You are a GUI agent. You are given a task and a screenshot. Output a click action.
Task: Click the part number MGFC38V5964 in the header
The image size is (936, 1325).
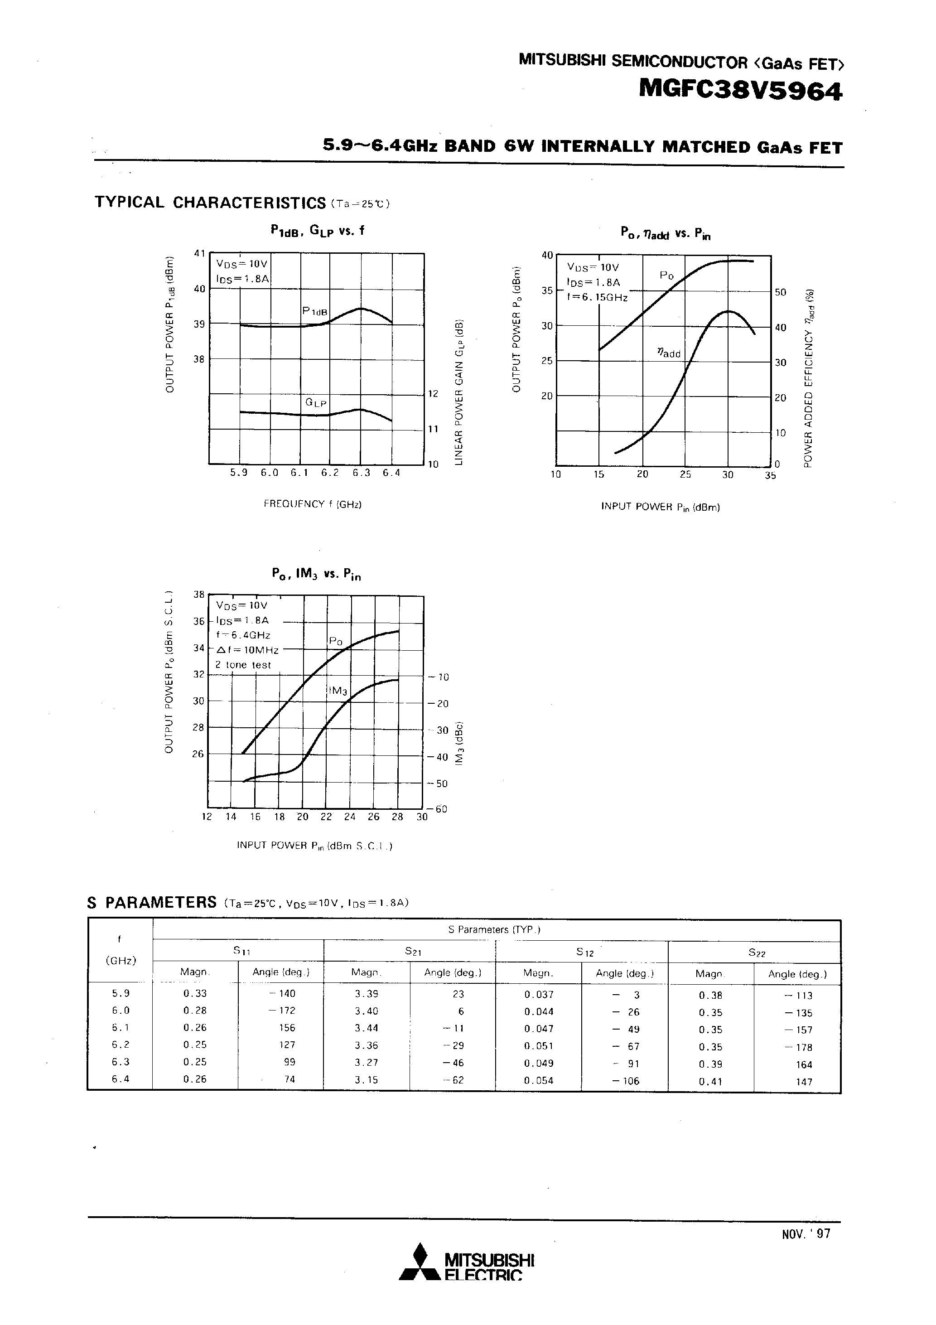coord(740,91)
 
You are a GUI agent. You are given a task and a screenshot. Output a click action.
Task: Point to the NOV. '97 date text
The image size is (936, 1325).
coord(806,1234)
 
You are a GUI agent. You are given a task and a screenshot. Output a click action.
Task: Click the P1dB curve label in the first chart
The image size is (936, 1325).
coord(314,312)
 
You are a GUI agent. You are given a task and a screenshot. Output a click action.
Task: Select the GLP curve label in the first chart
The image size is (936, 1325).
coord(316,402)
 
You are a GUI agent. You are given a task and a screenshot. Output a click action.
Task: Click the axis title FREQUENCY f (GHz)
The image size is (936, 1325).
coord(312,504)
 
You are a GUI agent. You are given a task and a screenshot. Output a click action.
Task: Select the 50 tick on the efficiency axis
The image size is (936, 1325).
coord(780,293)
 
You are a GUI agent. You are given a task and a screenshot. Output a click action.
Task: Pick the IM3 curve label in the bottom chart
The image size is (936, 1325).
coord(337,691)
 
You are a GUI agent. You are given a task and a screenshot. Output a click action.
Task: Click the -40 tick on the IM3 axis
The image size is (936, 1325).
coord(438,757)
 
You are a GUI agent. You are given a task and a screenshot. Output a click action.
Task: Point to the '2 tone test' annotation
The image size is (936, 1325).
coord(243,665)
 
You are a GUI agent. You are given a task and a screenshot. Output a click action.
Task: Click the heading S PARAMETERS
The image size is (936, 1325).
coord(152,903)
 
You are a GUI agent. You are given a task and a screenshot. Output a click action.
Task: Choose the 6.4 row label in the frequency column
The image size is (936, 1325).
coord(121,1079)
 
